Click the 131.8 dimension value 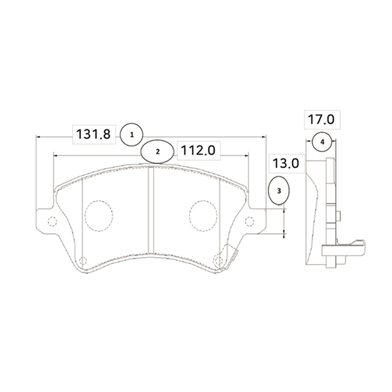93,134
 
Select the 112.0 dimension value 198,150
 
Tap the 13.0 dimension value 286,164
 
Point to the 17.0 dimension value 321,120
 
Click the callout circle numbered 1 131,135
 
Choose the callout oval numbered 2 157,152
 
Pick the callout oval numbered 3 279,191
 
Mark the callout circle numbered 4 322,142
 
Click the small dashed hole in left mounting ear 52,221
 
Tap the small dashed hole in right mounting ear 250,221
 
